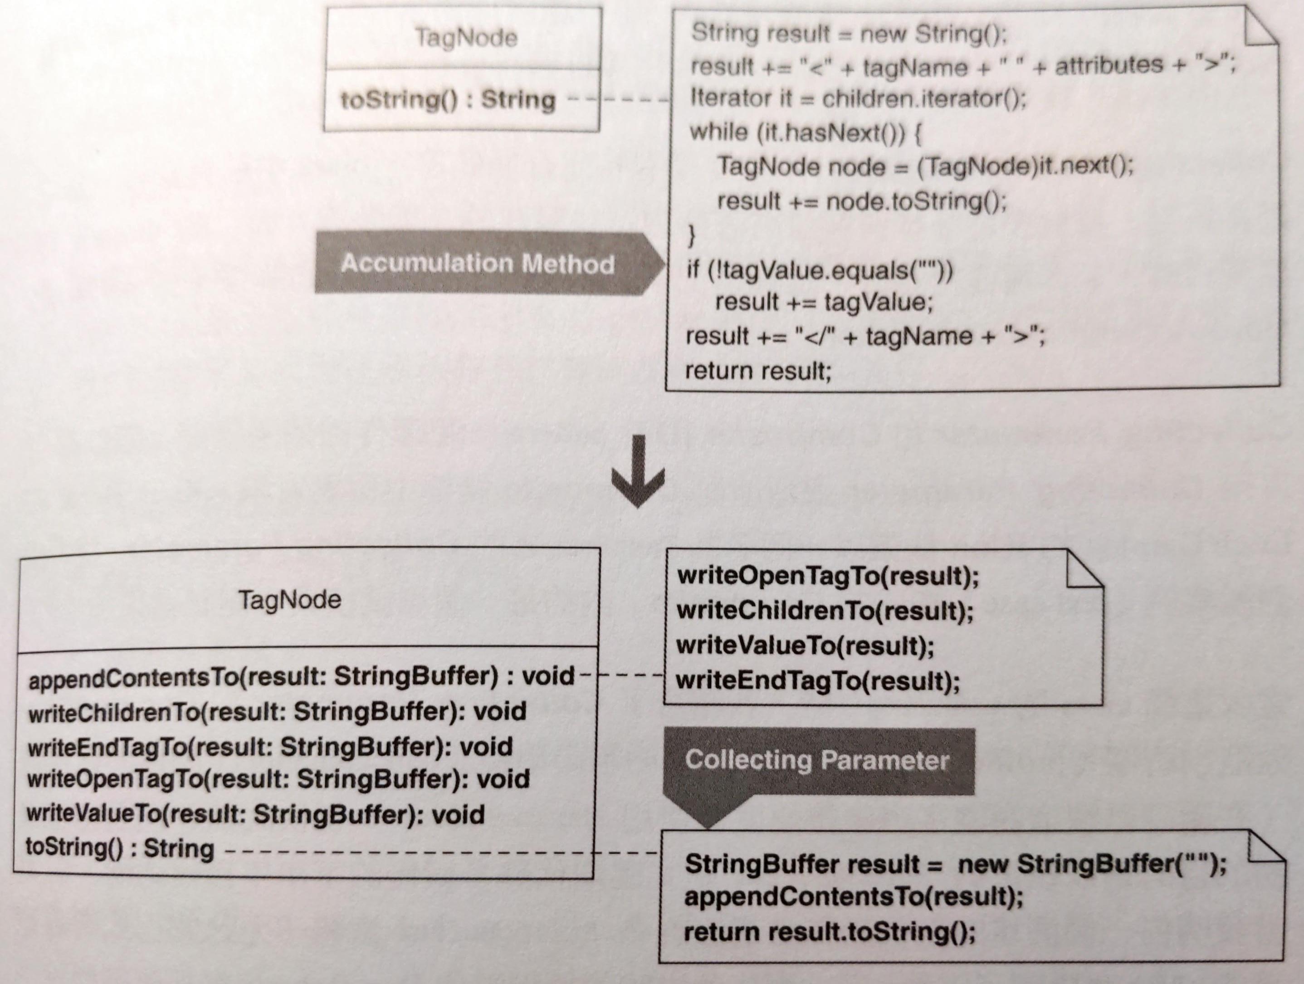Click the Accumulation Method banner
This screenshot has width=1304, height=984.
[x=489, y=263]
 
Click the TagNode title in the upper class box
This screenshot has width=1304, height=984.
[x=466, y=38]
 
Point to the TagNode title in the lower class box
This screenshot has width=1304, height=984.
[x=290, y=600]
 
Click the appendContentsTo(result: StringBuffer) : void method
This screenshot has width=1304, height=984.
[x=301, y=677]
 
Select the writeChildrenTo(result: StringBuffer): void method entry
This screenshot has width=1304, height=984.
[x=277, y=712]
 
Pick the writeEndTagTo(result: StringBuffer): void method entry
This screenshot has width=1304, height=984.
[x=270, y=746]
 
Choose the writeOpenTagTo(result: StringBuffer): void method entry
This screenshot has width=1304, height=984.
[x=278, y=779]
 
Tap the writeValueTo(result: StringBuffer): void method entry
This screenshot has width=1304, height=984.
[x=255, y=814]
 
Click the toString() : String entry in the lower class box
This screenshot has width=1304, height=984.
[x=120, y=848]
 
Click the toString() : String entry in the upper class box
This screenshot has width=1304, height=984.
[x=448, y=99]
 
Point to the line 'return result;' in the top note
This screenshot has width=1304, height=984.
[x=757, y=371]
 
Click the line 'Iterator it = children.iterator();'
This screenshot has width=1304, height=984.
[x=858, y=98]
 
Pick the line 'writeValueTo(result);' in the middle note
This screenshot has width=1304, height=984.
[x=805, y=646]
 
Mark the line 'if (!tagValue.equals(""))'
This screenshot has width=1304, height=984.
[x=820, y=270]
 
